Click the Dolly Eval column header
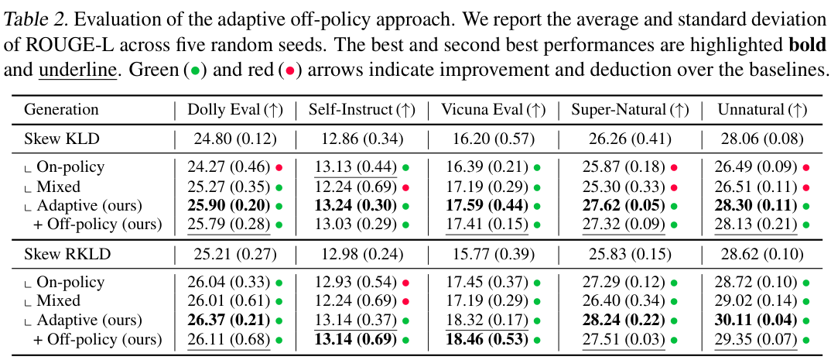(235, 110)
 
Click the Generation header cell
(61, 110)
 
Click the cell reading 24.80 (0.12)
(231, 139)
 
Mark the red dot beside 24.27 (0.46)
(279, 167)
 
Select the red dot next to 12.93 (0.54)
(406, 283)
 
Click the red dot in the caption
(290, 85)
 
